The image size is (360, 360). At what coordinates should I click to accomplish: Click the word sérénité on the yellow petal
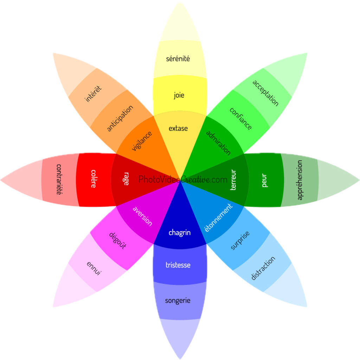[178, 58]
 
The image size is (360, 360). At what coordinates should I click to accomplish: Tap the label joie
[179, 95]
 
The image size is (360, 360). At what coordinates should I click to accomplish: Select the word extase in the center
[178, 128]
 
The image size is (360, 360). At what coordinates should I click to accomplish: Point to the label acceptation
[265, 93]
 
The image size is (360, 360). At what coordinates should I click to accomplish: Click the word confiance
[241, 118]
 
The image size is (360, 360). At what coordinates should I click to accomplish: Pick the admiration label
[218, 143]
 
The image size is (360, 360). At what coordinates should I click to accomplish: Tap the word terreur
[233, 180]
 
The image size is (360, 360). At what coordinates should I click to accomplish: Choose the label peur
[265, 180]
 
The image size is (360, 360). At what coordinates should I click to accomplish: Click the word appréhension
[300, 180]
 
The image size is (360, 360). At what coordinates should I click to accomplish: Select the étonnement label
[219, 218]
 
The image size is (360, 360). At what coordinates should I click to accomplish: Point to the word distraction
[263, 268]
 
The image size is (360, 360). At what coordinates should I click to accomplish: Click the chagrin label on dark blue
[179, 232]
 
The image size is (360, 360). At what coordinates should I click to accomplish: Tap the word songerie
[178, 301]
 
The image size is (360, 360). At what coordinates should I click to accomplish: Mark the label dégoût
[117, 240]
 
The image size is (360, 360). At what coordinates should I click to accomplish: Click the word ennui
[94, 268]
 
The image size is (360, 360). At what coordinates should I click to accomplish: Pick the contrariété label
[59, 179]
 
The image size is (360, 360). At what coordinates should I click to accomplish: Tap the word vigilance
[142, 141]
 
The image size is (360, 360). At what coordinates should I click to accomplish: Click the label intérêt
[93, 94]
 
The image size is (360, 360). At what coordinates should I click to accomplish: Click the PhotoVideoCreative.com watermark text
[183, 179]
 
